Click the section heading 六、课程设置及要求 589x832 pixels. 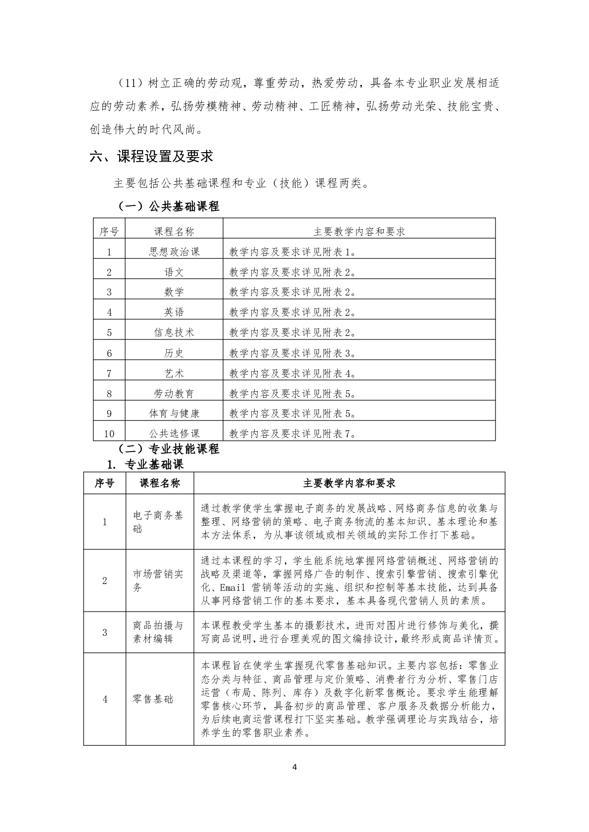(151, 157)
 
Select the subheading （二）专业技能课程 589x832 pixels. (168, 449)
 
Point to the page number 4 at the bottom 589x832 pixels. (295, 781)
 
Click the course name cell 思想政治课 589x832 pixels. (174, 251)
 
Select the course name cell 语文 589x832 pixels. (174, 272)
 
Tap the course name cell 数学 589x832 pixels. (174, 292)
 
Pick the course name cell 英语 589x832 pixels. (174, 312)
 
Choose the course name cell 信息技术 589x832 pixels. (174, 333)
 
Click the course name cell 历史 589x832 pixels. (174, 353)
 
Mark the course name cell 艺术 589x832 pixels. (174, 373)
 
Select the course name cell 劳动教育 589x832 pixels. (174, 393)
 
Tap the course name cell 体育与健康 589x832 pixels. (174, 414)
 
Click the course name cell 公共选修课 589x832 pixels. (174, 434)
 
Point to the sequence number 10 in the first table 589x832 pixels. (109, 434)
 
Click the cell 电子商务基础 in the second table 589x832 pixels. (158, 522)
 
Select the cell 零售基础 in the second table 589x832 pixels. (153, 699)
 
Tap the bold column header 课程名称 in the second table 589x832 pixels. (160, 483)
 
